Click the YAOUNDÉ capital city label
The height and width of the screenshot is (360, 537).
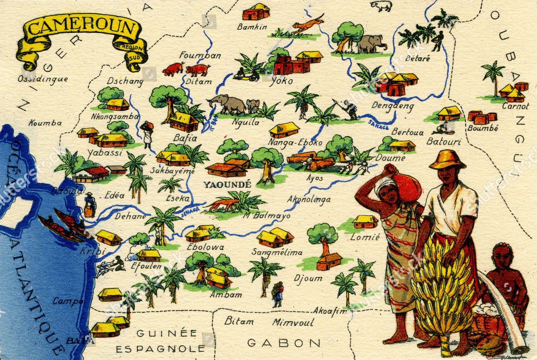tap(227, 184)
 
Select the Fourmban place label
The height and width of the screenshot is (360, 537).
tap(200, 56)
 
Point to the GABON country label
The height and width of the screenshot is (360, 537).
tap(284, 342)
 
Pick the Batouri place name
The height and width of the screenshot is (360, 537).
tap(444, 142)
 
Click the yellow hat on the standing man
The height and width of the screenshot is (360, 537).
tap(447, 159)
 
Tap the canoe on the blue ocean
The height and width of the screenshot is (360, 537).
tap(63, 226)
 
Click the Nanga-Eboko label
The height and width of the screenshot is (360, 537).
tap(295, 142)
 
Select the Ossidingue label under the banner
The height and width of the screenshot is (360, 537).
tap(43, 79)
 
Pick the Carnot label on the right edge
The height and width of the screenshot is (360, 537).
tap(515, 106)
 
